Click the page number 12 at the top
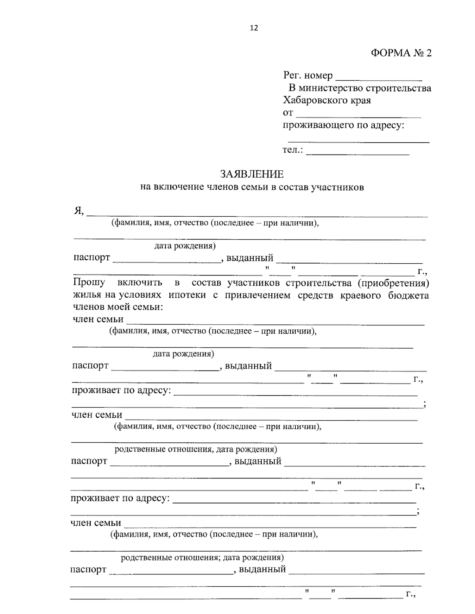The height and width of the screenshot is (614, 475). (x=254, y=28)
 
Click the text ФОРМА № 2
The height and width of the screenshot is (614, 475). (x=401, y=53)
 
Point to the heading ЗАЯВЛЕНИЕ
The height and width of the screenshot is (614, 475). (x=252, y=174)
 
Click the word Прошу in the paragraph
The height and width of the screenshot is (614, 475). (x=89, y=283)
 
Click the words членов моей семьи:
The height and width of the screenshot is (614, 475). (x=118, y=307)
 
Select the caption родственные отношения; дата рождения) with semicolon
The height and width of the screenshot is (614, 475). (x=202, y=557)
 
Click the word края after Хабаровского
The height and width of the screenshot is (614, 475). (x=360, y=100)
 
